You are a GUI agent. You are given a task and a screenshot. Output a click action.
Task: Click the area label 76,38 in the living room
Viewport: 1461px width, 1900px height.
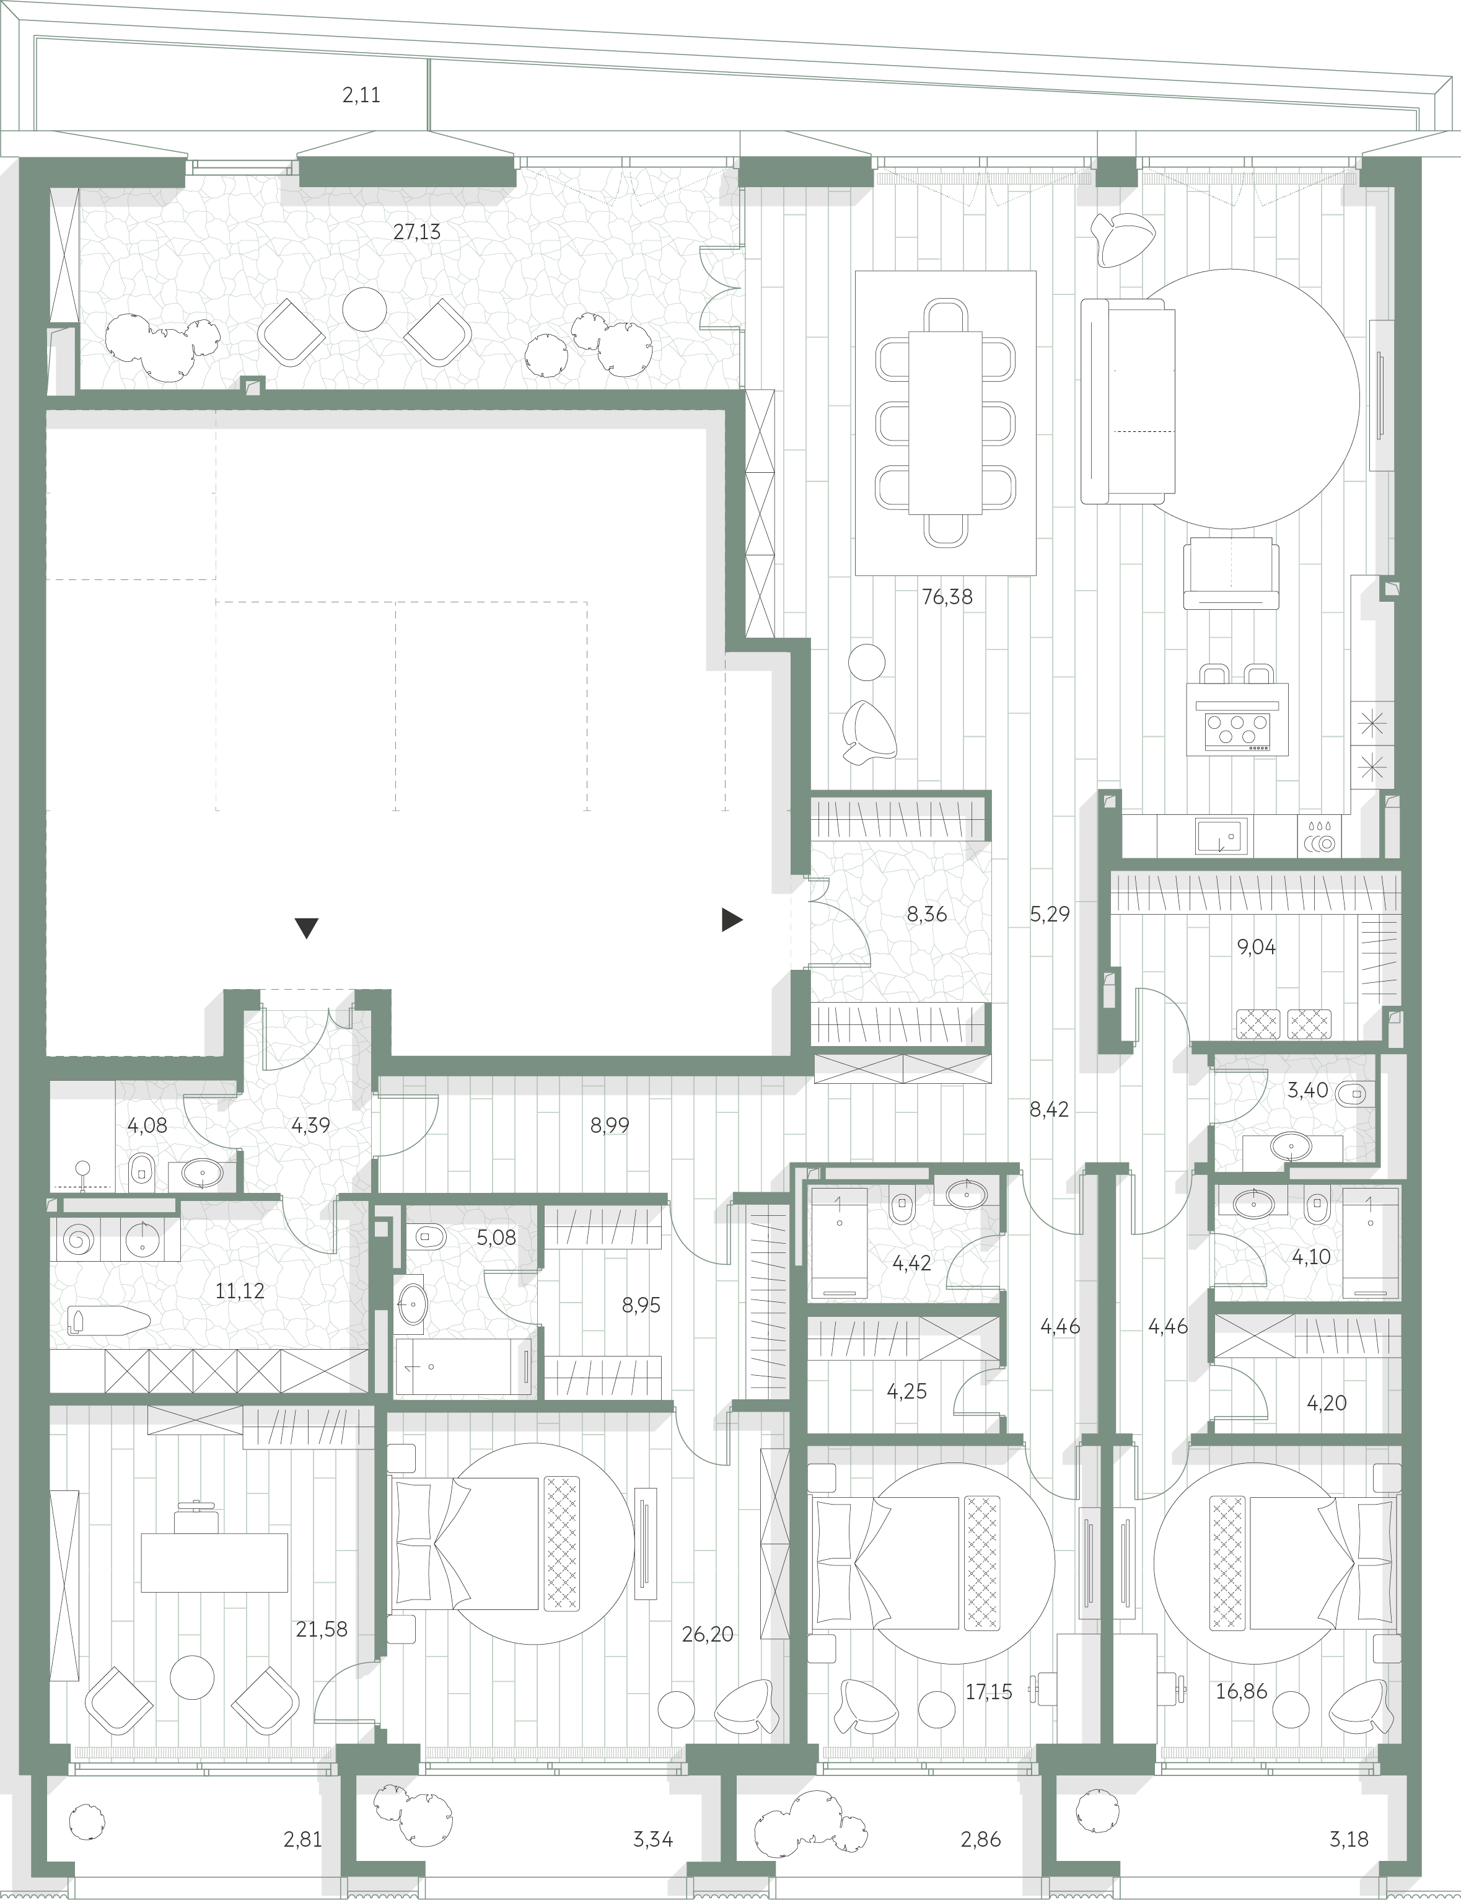point(947,597)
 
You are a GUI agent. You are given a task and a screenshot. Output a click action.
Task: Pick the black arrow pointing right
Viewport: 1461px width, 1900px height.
point(732,919)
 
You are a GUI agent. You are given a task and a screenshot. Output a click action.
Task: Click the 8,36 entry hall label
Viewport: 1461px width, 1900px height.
point(926,914)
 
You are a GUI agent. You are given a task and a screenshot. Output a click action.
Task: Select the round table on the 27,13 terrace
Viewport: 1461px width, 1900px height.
point(364,308)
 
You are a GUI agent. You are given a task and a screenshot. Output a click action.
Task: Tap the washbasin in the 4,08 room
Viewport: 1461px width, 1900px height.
point(203,1176)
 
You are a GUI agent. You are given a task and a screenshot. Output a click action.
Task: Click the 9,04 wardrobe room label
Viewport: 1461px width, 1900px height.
point(1257,947)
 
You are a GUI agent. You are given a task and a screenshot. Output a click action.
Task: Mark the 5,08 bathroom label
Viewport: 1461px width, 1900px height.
point(496,1236)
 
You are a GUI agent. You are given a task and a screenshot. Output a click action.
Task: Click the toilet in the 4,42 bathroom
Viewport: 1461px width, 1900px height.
point(902,1208)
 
